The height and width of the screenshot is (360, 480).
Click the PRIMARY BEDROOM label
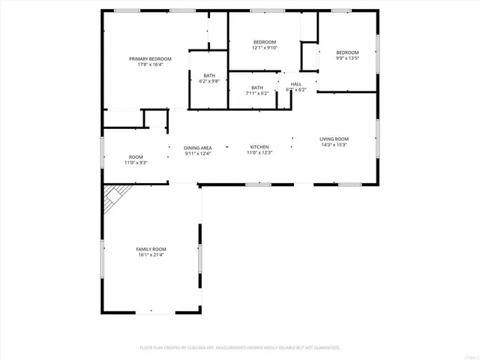(x=150, y=58)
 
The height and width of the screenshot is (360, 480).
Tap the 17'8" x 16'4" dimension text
(x=150, y=64)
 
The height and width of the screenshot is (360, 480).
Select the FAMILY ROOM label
(x=151, y=249)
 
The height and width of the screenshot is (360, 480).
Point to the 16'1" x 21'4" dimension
(x=151, y=255)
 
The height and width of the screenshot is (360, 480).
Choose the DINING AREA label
(x=198, y=148)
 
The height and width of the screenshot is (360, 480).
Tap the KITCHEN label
(x=259, y=147)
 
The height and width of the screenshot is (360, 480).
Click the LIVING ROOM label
(x=334, y=139)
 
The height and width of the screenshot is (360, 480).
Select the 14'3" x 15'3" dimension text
(x=334, y=145)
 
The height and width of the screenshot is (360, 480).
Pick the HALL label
(x=296, y=84)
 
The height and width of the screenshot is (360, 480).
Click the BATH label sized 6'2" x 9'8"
(x=209, y=75)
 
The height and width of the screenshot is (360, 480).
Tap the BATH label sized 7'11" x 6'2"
(x=257, y=88)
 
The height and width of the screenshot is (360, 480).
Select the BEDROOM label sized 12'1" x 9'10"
(x=265, y=41)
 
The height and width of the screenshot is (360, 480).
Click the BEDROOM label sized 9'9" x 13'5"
(x=347, y=52)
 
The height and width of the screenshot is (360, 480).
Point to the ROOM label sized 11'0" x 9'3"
(x=136, y=157)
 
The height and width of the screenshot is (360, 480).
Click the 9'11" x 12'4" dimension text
(x=198, y=154)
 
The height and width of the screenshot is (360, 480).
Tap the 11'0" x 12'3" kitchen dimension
(x=259, y=153)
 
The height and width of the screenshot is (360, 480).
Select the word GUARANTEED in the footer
(x=325, y=348)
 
